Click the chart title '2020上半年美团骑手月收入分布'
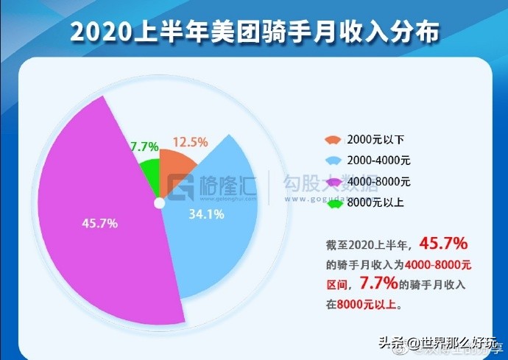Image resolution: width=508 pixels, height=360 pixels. tap(254, 33)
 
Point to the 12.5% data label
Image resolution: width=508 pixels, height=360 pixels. tap(190, 141)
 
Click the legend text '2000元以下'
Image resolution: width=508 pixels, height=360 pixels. tap(375, 139)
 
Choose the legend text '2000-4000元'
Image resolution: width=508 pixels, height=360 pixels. tap(379, 160)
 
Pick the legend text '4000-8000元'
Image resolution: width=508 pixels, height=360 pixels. tap(379, 181)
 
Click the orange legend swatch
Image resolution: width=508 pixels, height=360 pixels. tap(333, 139)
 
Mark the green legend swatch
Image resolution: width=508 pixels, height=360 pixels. tap(333, 202)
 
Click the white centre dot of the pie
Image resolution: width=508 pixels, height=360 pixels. tap(158, 202)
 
